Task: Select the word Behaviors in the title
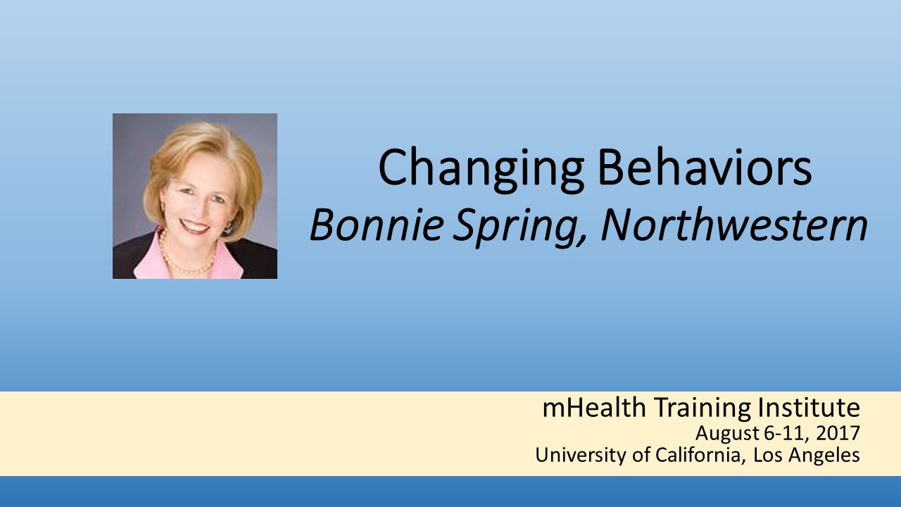[x=705, y=167]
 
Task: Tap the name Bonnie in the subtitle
[x=377, y=225]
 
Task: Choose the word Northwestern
[x=734, y=225]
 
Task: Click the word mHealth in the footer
[x=594, y=407]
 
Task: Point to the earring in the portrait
[x=228, y=230]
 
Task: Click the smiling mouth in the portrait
[x=195, y=227]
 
